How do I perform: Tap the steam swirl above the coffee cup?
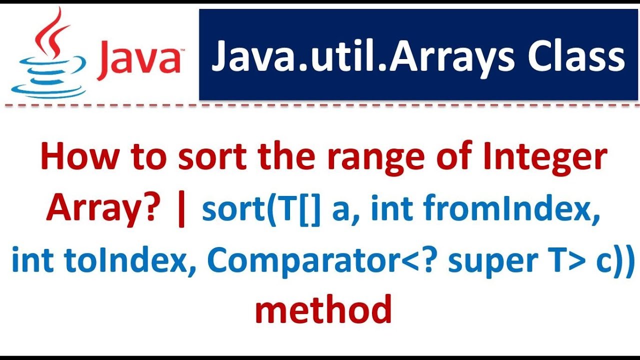(50, 35)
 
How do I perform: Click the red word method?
(323, 310)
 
